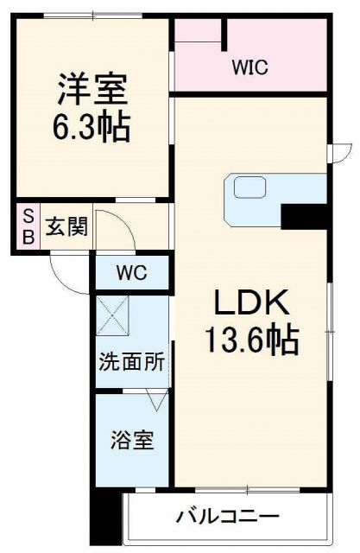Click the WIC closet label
tap(249, 67)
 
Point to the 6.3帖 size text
tap(92, 127)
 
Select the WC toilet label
tap(132, 275)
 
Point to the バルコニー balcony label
tap(228, 518)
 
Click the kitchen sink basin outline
tap(249, 186)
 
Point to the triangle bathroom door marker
tap(156, 399)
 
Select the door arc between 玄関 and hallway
tap(117, 226)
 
